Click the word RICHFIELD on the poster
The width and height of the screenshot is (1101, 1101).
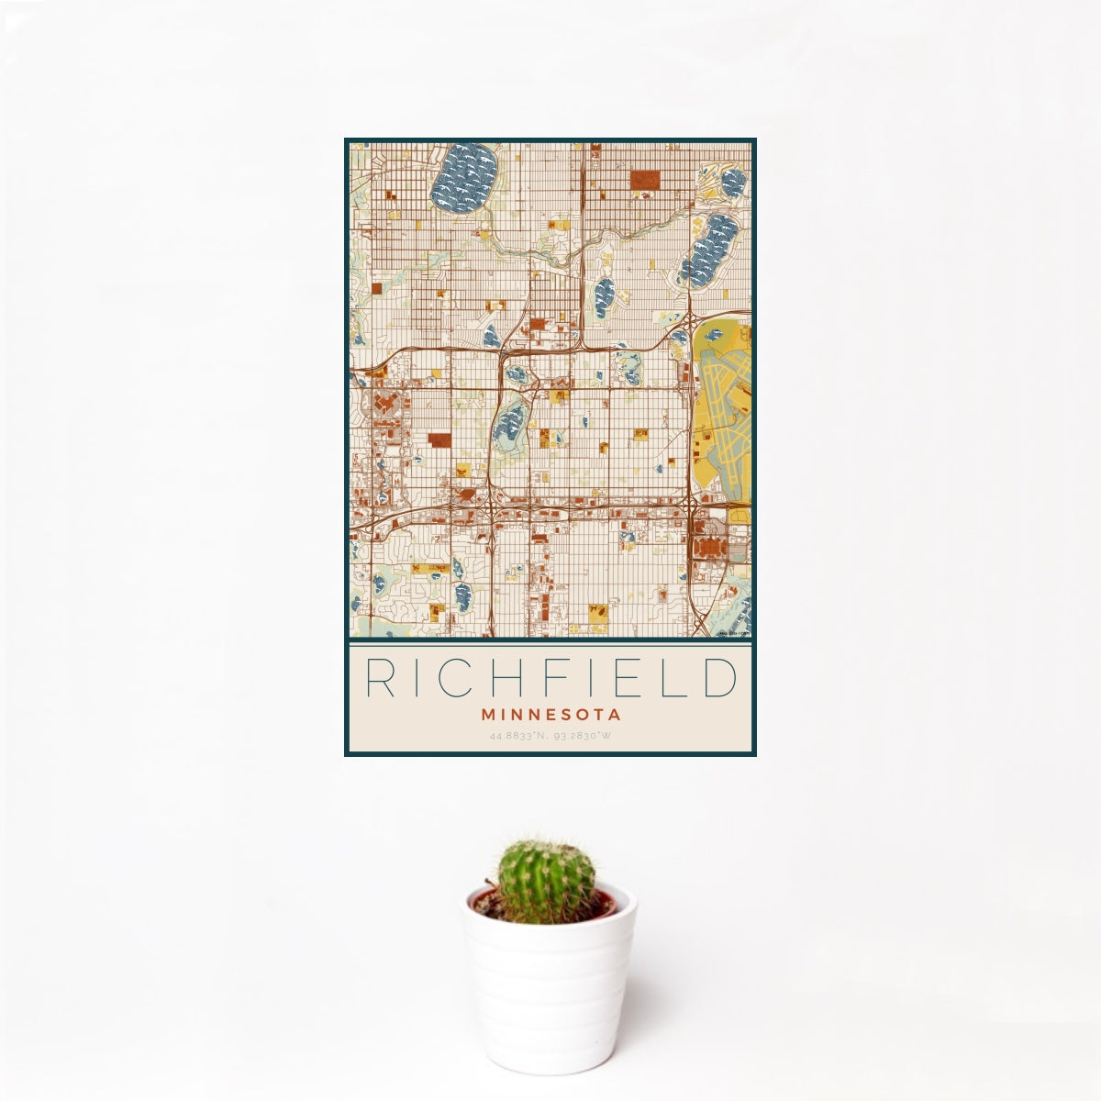550,679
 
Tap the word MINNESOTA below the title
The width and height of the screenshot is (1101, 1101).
550,714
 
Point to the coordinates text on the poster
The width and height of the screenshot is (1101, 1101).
550,736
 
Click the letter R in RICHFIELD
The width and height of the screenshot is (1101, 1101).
379,679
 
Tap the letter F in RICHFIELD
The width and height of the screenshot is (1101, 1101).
545,679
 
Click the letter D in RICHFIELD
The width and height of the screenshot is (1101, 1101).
721,679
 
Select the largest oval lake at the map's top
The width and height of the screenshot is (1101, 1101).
464,175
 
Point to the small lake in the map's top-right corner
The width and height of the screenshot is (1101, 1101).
733,181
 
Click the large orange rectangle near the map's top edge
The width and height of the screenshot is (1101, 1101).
645,179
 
